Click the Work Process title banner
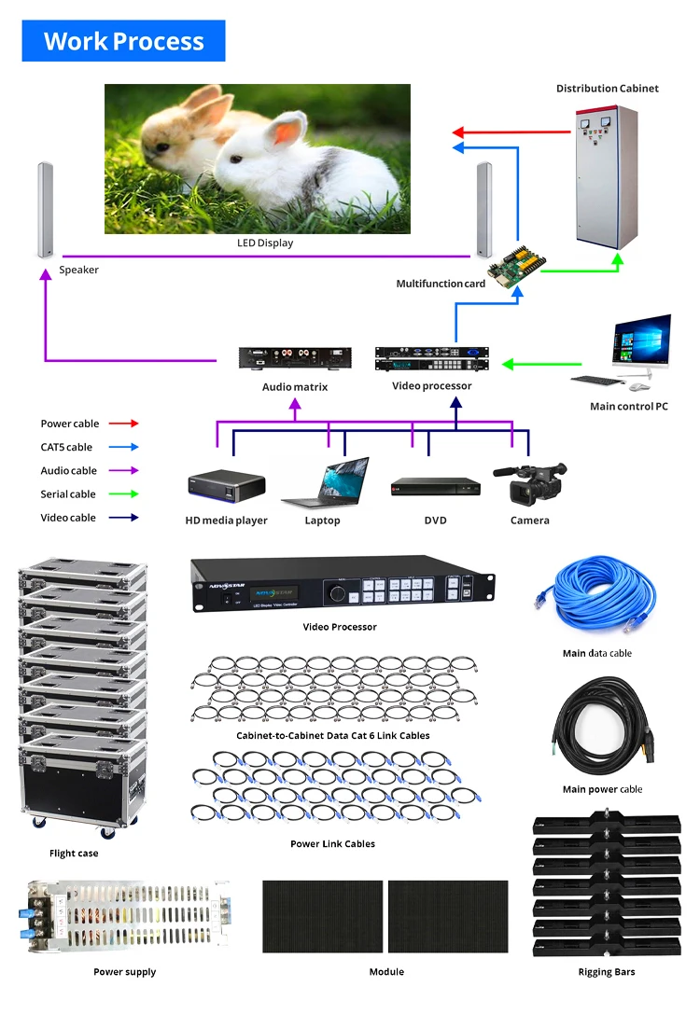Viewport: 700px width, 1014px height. pos(123,41)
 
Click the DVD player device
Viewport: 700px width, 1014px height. pos(435,486)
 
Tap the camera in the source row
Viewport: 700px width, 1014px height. pos(531,483)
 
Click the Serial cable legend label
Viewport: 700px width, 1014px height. pos(68,494)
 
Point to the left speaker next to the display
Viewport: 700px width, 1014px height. pos(44,211)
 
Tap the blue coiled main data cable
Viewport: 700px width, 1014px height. pos(595,596)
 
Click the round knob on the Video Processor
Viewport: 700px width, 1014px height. pos(338,593)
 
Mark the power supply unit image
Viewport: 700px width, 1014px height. pos(124,918)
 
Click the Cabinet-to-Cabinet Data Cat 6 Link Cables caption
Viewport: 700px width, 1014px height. pos(332,736)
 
